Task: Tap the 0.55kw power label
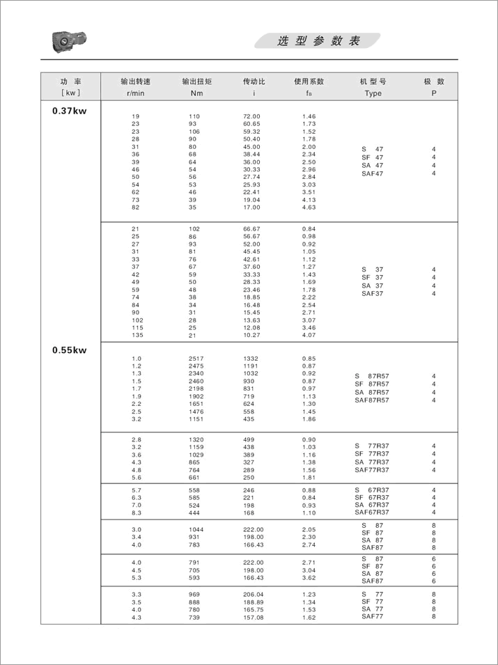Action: click(69, 350)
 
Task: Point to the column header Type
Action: click(373, 93)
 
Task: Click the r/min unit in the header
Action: click(135, 93)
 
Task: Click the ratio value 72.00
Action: click(251, 116)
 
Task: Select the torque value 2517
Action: click(196, 359)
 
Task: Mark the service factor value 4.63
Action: click(309, 208)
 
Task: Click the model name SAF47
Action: click(372, 173)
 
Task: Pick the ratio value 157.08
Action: click(251, 618)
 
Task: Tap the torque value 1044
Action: click(196, 530)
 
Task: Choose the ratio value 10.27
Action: click(251, 336)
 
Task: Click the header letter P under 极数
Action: click(434, 93)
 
